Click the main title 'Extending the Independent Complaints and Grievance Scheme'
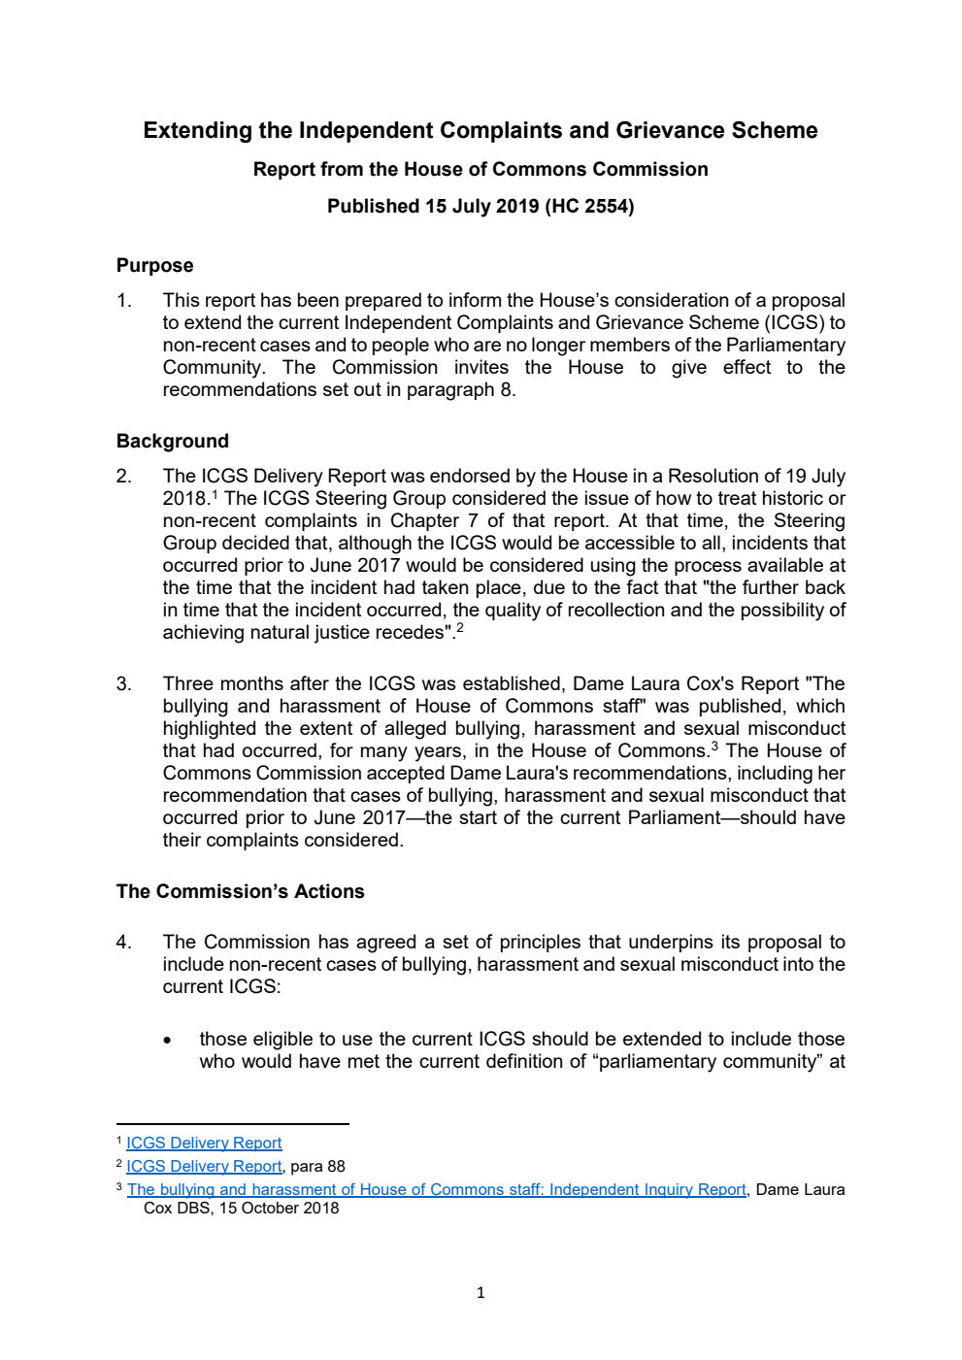(480, 130)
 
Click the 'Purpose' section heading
(154, 265)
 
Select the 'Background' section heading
(172, 441)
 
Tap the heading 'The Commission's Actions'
(240, 891)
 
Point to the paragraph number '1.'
(124, 300)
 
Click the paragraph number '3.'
(124, 683)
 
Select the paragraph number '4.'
(124, 942)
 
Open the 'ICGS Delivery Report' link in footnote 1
(204, 1143)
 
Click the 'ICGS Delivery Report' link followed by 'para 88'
(204, 1166)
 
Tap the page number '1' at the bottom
(481, 1292)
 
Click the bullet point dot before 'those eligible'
(168, 1040)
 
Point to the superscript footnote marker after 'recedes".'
(460, 628)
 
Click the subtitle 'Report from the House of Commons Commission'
(480, 169)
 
